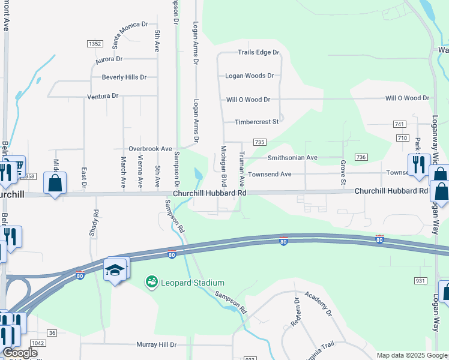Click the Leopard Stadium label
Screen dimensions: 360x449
tap(184, 283)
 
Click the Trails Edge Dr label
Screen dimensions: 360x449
tap(259, 53)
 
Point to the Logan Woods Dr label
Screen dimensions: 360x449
tap(249, 76)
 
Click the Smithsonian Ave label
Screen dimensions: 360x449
tap(292, 158)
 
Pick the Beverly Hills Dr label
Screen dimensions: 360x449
tap(124, 77)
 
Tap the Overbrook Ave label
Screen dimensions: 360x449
tap(151, 148)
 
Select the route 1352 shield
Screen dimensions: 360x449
tap(94, 44)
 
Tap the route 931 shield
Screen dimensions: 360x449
tap(420, 281)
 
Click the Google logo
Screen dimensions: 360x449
tap(20, 352)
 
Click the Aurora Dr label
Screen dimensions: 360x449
tap(109, 59)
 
